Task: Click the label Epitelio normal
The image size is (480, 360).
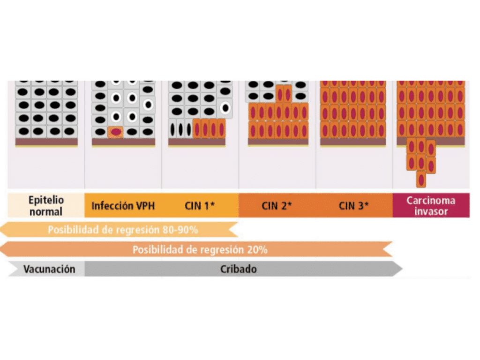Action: [45, 206]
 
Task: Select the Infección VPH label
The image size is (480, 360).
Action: [123, 206]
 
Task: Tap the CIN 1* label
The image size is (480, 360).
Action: [200, 206]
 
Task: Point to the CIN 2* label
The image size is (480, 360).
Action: [277, 206]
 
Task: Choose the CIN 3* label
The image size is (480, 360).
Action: [353, 206]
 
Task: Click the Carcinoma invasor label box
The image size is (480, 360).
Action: [431, 206]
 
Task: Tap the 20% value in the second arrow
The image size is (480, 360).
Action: [258, 250]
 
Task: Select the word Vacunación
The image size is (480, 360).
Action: [49, 269]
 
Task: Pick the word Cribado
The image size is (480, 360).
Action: [239, 270]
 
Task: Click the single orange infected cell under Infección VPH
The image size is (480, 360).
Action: [116, 132]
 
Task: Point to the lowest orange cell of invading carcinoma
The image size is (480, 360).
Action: [421, 179]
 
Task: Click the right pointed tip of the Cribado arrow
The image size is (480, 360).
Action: [401, 269]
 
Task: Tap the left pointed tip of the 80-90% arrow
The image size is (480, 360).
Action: [2, 230]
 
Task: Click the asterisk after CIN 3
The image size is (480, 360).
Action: [366, 204]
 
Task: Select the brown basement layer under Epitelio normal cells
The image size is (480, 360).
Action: [46, 142]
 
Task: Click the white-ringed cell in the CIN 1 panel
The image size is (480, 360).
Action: [225, 108]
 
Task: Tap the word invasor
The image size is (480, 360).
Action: [431, 211]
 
